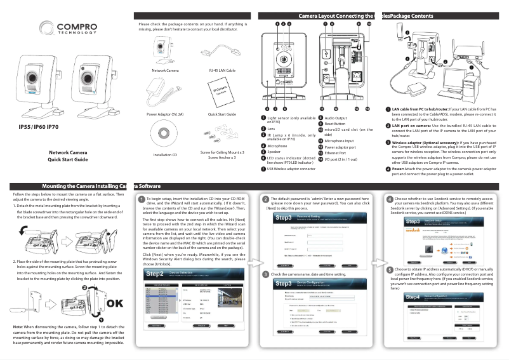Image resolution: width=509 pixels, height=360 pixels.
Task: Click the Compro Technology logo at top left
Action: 63,29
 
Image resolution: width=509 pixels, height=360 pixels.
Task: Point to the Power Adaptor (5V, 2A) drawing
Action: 165,93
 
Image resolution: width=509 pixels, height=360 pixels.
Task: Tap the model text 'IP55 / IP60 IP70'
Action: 39,127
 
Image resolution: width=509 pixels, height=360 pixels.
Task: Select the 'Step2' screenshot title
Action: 155,274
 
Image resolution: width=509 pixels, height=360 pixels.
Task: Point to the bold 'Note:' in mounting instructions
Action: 19,326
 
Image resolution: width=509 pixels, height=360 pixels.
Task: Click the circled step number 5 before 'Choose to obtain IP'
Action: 389,269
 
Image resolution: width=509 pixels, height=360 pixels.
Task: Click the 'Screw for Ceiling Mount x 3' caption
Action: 222,152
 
